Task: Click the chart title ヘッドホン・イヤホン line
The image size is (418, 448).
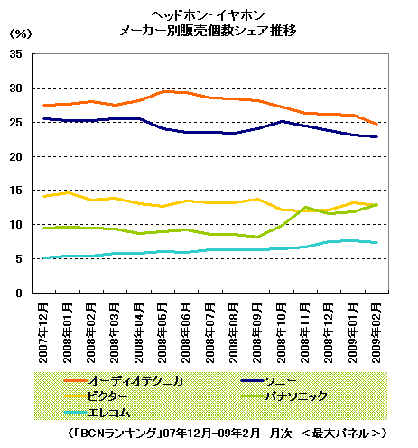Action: coord(208,15)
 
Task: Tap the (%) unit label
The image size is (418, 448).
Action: coord(21,33)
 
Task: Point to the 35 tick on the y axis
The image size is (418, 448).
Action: coord(16,54)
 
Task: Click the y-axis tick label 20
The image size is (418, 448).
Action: coord(16,156)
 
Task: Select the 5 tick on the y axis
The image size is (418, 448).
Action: coord(19,259)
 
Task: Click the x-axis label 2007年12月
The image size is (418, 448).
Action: coord(43,333)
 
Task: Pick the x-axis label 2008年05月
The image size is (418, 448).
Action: coord(162,333)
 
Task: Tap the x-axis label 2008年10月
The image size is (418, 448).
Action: coord(281,333)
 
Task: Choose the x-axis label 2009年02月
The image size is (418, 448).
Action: coord(376,333)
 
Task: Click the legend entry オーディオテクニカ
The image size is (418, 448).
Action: coord(124,381)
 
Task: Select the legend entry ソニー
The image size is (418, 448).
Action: coord(268,381)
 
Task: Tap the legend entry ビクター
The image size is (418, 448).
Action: coord(96,397)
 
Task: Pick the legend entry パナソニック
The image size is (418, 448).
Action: coord(284,397)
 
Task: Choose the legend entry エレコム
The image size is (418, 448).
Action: coord(97,412)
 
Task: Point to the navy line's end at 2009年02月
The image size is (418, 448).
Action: coord(376,136)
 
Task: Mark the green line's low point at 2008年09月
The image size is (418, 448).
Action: coord(257,237)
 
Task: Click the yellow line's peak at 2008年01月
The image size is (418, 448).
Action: coord(68,192)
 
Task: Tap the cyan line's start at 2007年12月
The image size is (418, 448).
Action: coord(44,258)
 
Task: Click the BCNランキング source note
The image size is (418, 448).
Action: coord(227,434)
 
